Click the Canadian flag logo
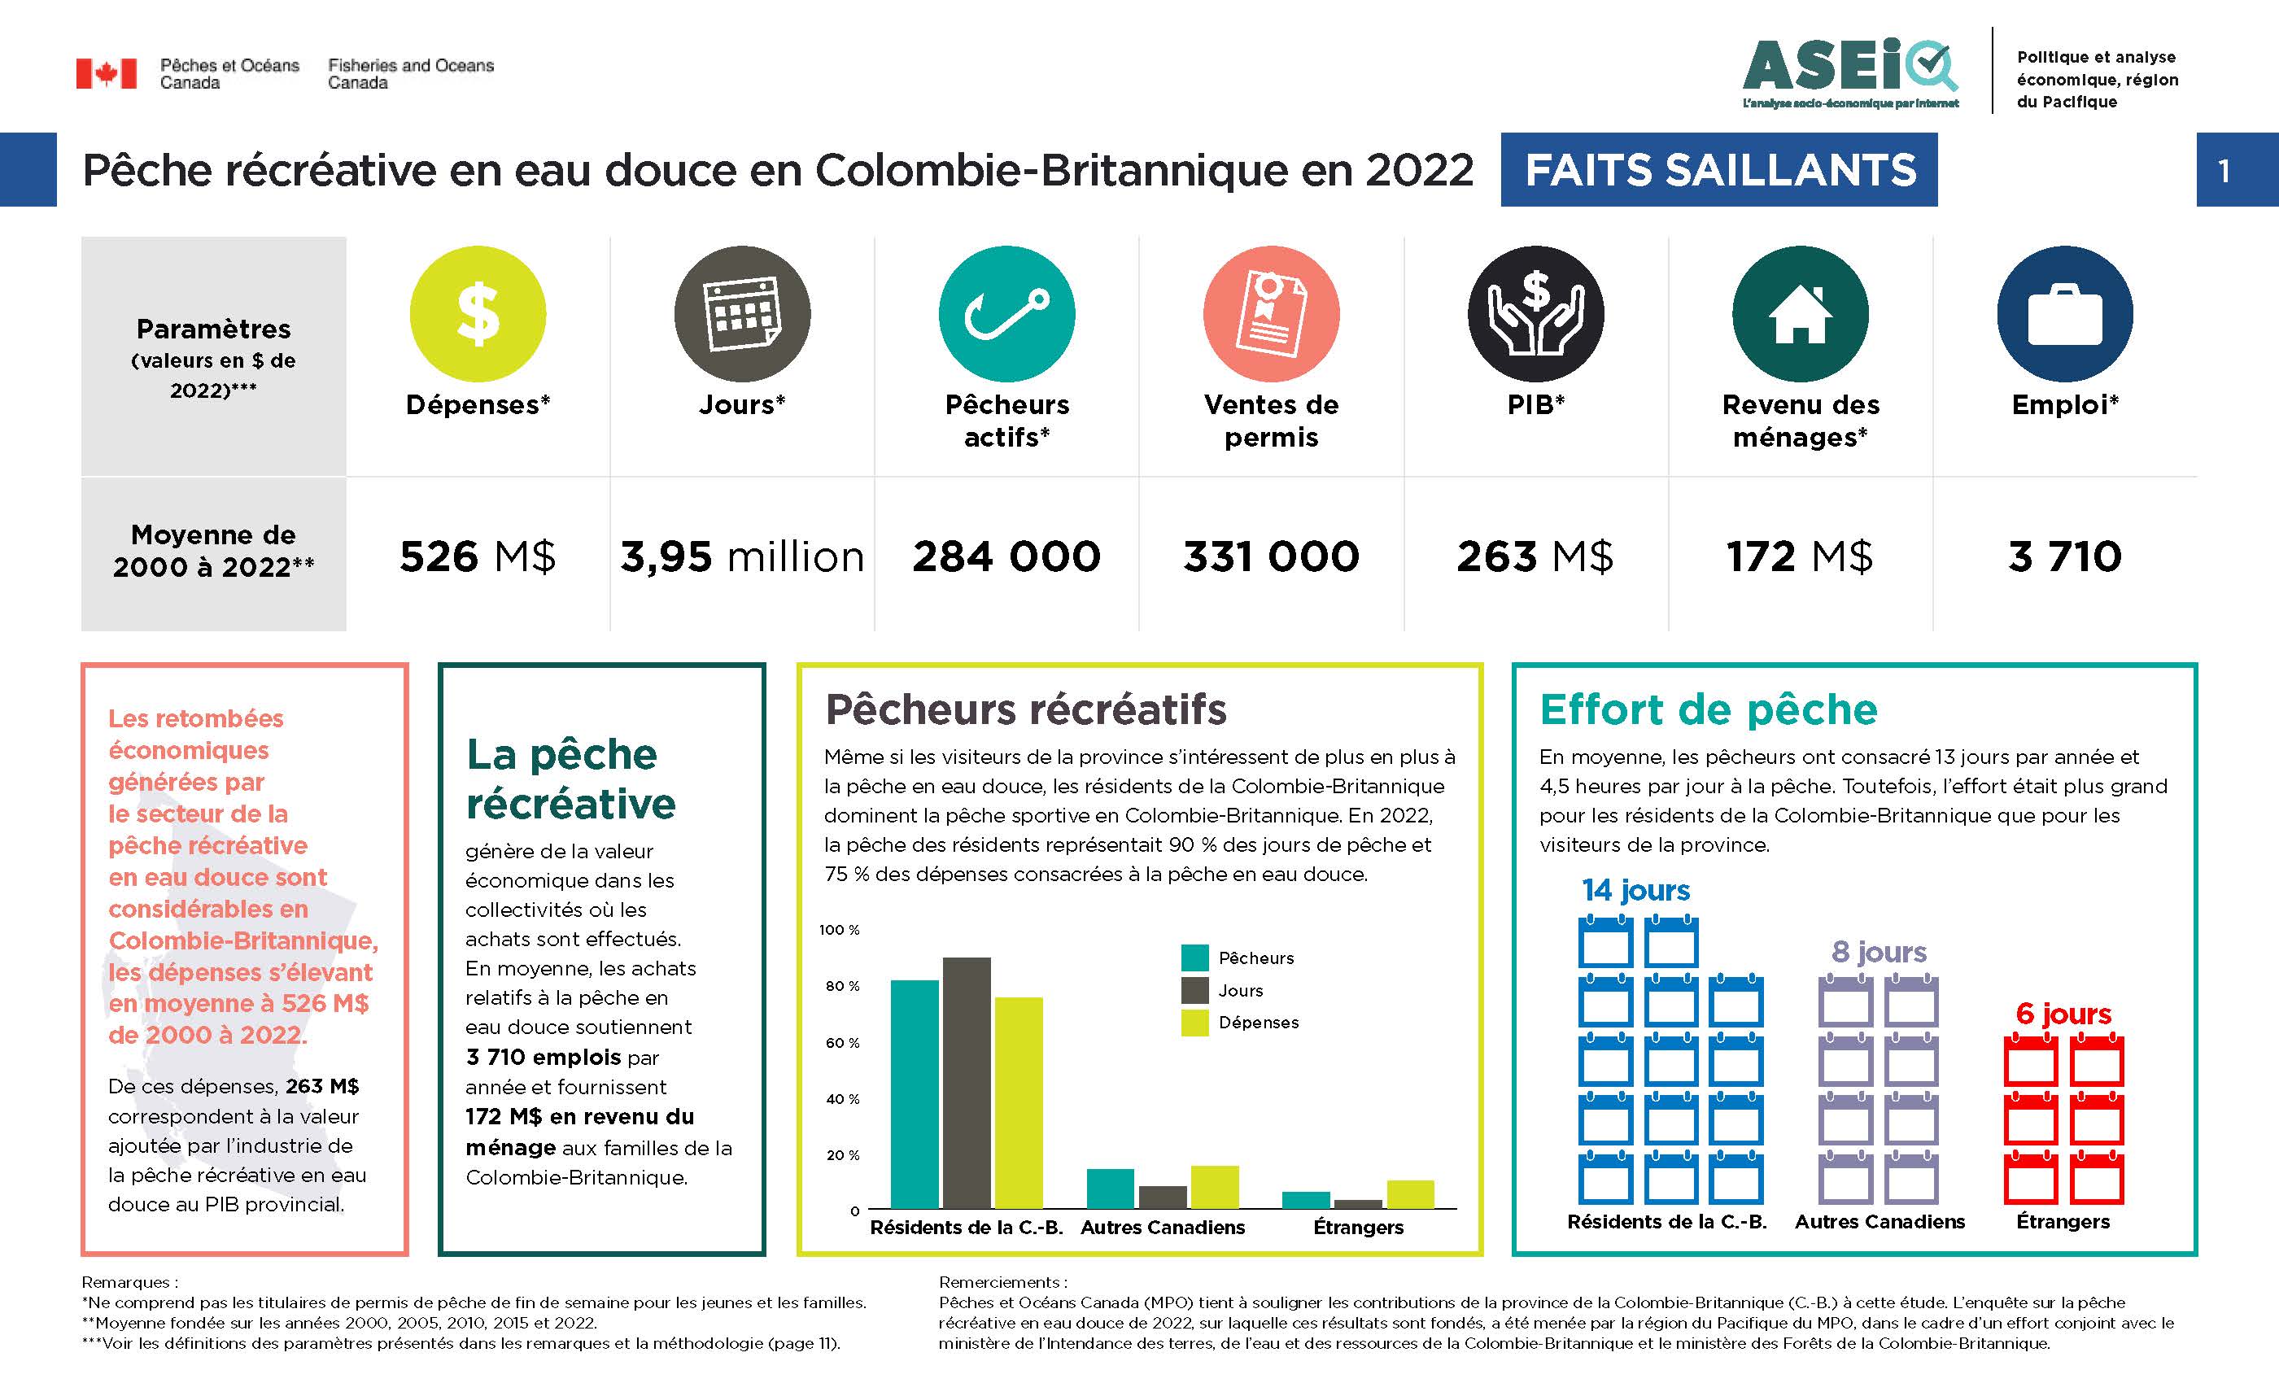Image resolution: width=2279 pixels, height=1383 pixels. pos(106,73)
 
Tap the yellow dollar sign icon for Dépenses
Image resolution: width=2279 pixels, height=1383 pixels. pos(478,313)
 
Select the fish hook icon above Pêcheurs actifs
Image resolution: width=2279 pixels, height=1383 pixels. pos(1006,313)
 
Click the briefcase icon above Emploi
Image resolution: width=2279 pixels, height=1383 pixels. pos(2064,313)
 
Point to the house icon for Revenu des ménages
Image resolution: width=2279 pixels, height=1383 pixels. pos(1800,313)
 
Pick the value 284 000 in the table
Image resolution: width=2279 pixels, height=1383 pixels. pos(1006,556)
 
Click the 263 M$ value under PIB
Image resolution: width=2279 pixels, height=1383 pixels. pos(1535,556)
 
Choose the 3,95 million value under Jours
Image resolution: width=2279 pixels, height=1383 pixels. pos(742,556)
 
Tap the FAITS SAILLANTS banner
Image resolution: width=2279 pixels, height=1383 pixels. pos(1718,170)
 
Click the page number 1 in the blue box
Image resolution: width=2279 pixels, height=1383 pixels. pos(2224,170)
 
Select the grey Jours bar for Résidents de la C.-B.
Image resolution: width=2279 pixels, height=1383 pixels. pos(967,1082)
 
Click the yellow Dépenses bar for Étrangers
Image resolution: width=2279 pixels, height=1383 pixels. pos(1411,1194)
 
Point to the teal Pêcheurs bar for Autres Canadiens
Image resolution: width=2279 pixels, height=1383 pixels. pos(1110,1189)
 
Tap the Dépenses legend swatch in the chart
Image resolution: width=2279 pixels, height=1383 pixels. pos(1195,1023)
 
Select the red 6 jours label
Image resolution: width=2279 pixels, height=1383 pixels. pos(2063,1013)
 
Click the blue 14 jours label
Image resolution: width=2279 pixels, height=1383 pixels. pos(1635,890)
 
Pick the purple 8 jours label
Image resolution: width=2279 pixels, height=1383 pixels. pos(1879,951)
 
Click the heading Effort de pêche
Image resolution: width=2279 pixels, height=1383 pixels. pos(1709,709)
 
